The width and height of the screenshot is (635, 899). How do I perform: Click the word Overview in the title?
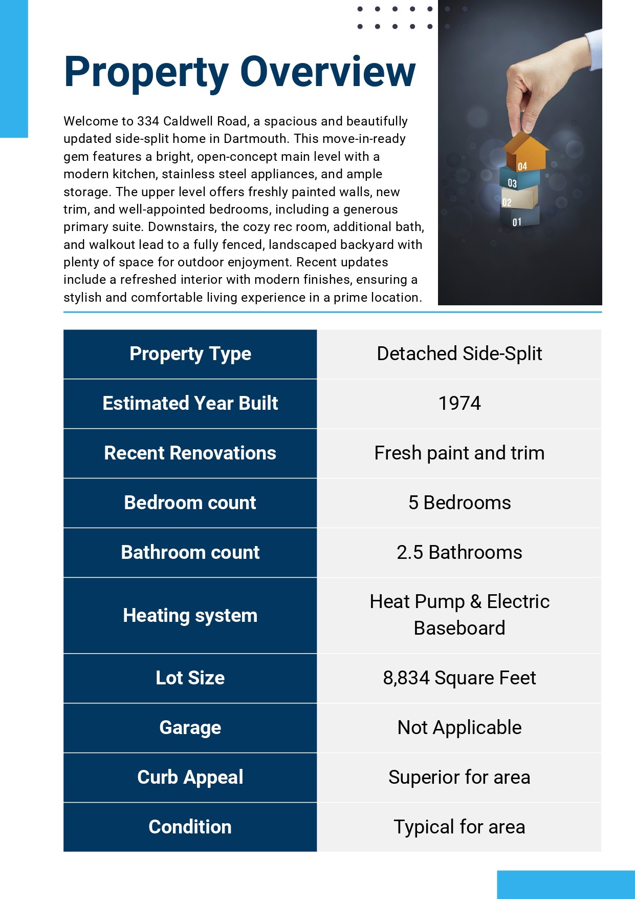(x=327, y=72)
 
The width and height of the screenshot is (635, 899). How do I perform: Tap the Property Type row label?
(x=190, y=354)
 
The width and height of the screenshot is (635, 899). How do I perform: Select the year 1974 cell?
(x=459, y=404)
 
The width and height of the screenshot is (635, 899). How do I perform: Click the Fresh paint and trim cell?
(x=459, y=453)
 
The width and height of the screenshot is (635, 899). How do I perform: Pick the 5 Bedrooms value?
(x=459, y=503)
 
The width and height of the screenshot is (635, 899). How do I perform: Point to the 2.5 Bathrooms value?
(x=459, y=553)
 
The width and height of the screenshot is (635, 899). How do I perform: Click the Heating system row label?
(x=190, y=615)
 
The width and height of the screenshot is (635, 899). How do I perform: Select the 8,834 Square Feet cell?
(x=459, y=678)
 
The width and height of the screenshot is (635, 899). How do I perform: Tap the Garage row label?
(x=190, y=728)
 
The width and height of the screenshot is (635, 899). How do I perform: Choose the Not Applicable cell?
(x=459, y=728)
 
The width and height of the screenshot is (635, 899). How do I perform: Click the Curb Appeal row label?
(x=190, y=778)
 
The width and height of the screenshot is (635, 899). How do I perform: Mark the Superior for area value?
(x=459, y=778)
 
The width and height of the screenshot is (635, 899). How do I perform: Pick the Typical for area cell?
(x=459, y=827)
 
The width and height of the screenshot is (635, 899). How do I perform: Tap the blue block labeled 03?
(x=519, y=180)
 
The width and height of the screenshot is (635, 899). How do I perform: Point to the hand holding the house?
(x=542, y=82)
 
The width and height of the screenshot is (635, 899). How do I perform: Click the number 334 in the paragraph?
(x=148, y=121)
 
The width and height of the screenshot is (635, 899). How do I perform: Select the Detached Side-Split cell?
(x=459, y=354)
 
